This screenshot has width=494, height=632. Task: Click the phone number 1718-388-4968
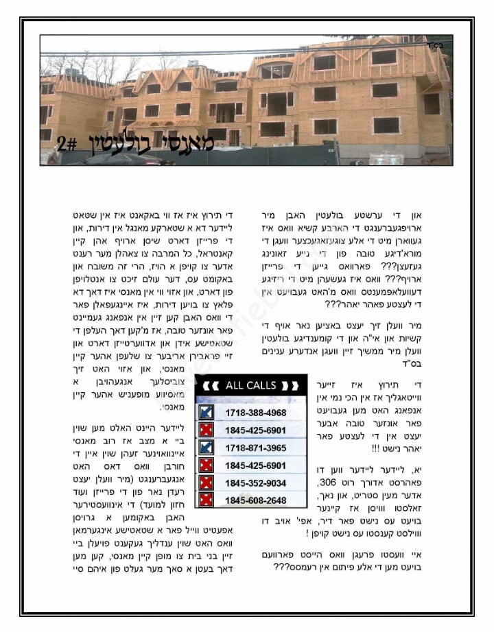(x=255, y=413)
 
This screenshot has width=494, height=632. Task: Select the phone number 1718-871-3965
(x=255, y=448)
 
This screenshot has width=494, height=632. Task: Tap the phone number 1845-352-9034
(x=255, y=483)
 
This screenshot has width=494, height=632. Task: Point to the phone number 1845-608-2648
(x=255, y=500)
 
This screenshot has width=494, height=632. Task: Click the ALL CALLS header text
(x=250, y=385)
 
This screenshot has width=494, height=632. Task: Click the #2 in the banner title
(x=67, y=145)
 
